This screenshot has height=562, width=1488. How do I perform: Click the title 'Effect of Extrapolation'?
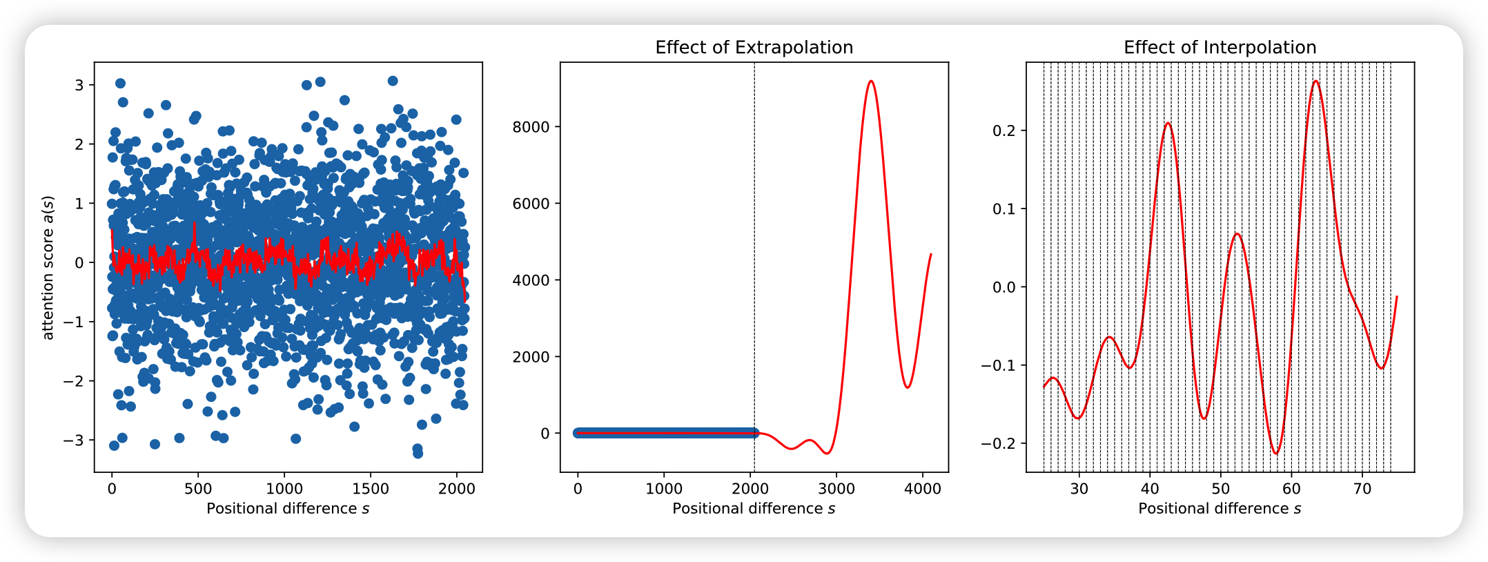click(x=754, y=48)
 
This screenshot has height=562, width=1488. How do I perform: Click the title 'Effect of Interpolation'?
click(x=1220, y=48)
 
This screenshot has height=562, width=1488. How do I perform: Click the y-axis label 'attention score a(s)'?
click(x=48, y=267)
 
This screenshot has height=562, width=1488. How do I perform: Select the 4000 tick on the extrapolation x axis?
click(x=922, y=489)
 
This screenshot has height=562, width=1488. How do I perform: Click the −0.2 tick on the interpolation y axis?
click(x=1000, y=443)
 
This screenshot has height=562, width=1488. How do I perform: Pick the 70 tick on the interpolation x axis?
click(x=1362, y=489)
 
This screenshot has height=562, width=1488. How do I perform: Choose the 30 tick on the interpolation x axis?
click(x=1079, y=489)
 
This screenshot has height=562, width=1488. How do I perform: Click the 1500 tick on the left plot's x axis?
click(x=370, y=489)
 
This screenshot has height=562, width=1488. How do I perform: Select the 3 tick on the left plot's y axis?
click(x=79, y=85)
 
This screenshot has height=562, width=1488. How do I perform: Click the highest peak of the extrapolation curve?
click(x=872, y=81)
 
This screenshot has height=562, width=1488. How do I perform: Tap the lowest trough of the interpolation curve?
click(x=1276, y=454)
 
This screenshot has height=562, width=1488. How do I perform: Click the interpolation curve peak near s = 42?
click(x=1168, y=124)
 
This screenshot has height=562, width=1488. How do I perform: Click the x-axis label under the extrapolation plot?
click(x=754, y=509)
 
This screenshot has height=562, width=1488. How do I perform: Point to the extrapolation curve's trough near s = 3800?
click(x=907, y=387)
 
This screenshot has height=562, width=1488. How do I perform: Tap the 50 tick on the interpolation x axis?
click(x=1220, y=489)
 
